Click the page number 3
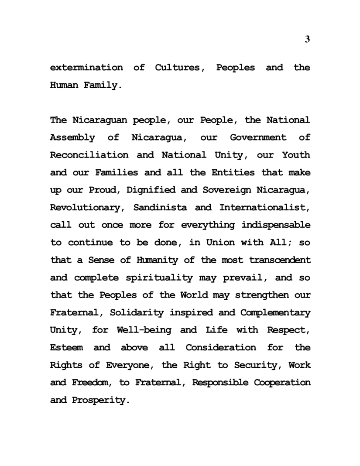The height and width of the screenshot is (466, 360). click(307, 40)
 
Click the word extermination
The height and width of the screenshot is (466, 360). click(86, 68)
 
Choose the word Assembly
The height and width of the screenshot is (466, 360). click(72, 138)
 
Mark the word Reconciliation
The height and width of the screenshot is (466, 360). click(89, 155)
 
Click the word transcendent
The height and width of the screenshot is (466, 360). click(280, 260)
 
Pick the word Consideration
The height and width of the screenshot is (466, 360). click(221, 348)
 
